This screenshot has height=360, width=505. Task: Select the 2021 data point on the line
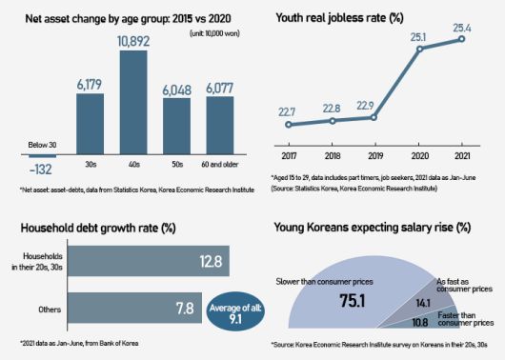click(x=464, y=38)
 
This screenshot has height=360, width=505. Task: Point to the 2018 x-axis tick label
click(x=332, y=154)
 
